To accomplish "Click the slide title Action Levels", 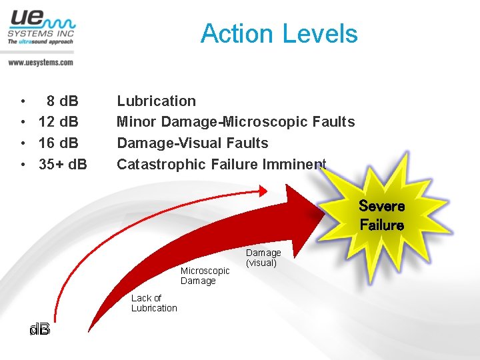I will tap(279, 33).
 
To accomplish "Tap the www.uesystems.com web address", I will tap(40, 62).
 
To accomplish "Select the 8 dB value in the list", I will tap(62, 101).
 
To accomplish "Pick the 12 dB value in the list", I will tap(59, 122).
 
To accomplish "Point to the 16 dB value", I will tap(59, 143).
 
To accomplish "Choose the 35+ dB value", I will tap(63, 164).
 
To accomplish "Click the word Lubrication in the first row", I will tap(156, 101).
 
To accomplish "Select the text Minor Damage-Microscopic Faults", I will tap(235, 122).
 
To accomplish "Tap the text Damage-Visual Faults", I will tap(192, 143).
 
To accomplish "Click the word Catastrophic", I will tap(161, 164).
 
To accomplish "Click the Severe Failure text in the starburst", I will tap(381, 215).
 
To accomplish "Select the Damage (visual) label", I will tap(263, 257).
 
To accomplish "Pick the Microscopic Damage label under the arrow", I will tap(205, 275).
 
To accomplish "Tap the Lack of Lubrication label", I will tap(154, 303).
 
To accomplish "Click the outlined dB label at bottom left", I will tap(39, 330).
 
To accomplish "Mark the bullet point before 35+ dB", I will tap(23, 165).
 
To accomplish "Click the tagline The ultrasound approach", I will tap(40, 41).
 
